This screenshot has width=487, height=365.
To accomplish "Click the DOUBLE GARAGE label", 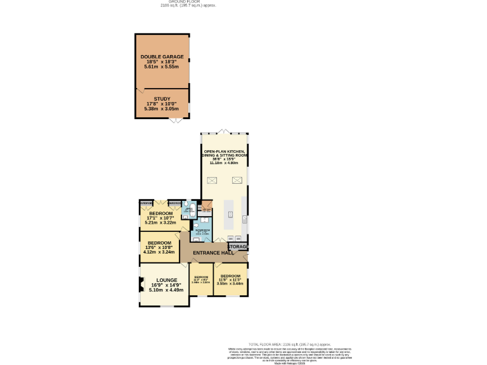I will [x=162, y=56].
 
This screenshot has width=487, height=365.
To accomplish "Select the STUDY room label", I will [x=162, y=99].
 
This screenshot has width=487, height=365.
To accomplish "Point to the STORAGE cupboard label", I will [x=238, y=246].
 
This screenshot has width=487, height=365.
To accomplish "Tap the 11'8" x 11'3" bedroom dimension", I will [x=230, y=280].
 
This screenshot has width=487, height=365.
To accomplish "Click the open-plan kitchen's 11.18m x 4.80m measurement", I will [x=224, y=163].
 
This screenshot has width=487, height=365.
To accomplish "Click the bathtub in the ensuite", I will [x=186, y=210].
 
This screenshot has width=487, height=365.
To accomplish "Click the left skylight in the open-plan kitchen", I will [x=213, y=180].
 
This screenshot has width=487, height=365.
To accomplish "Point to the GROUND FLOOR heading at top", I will [x=188, y=2].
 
